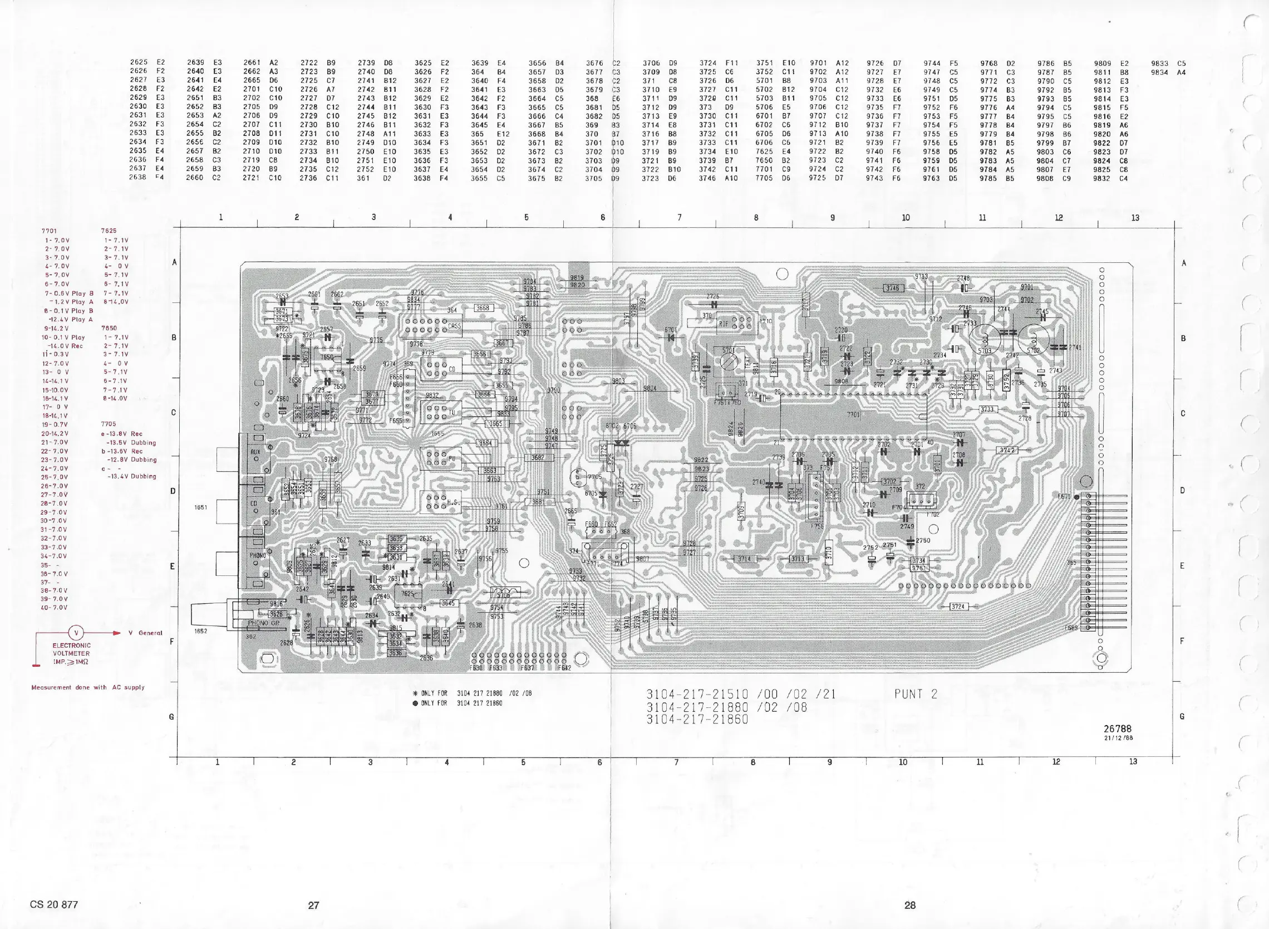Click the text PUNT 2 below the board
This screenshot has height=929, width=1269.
pyautogui.click(x=916, y=694)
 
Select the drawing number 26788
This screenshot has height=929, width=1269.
pyautogui.click(x=1117, y=728)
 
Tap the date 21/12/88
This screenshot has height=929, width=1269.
pyautogui.click(x=1118, y=738)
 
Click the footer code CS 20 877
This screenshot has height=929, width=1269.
pyautogui.click(x=54, y=904)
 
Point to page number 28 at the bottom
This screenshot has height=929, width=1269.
pyautogui.click(x=910, y=905)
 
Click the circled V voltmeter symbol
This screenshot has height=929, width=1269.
pyautogui.click(x=76, y=632)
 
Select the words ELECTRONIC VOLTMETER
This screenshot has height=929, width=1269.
pyautogui.click(x=71, y=649)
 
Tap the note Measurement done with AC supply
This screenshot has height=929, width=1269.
pyautogui.click(x=88, y=687)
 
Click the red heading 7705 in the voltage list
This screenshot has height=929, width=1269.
pyautogui.click(x=109, y=424)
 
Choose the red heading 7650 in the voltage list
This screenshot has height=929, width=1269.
pyautogui.click(x=109, y=328)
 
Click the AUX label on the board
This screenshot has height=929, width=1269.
pyautogui.click(x=255, y=452)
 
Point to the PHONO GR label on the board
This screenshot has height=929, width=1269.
pyautogui.click(x=264, y=623)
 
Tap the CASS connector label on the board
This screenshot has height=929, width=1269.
pyautogui.click(x=454, y=326)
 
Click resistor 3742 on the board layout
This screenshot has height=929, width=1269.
pyautogui.click(x=1007, y=450)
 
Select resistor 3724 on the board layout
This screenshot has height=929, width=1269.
pyautogui.click(x=958, y=606)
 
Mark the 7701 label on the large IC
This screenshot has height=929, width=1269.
pyautogui.click(x=853, y=415)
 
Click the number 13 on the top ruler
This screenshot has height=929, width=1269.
pyautogui.click(x=1135, y=218)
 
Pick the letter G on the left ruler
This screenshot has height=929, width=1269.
pyautogui.click(x=172, y=717)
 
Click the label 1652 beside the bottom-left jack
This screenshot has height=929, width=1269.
pyautogui.click(x=200, y=631)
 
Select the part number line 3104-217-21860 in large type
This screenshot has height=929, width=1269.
pyautogui.click(x=697, y=719)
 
